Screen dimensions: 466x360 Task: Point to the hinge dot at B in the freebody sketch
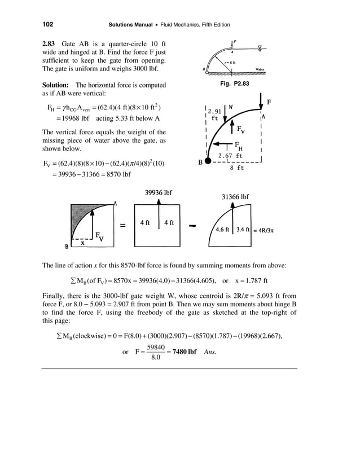(208, 161)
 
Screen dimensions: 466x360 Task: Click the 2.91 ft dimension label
(214, 115)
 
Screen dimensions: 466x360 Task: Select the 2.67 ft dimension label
(231, 155)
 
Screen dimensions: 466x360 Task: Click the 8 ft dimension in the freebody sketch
(236, 167)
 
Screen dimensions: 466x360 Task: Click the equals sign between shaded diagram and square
(122, 226)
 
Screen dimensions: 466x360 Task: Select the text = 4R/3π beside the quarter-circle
(265, 230)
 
